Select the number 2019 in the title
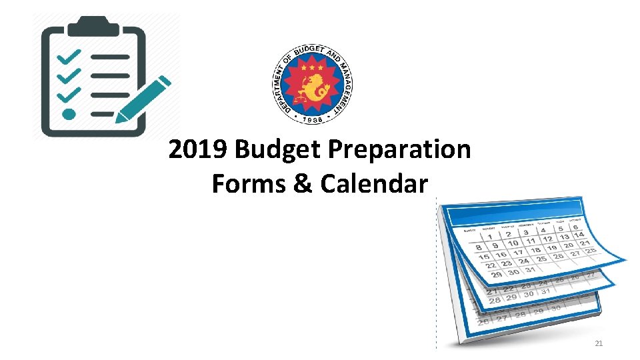(x=199, y=150)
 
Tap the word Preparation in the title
(x=399, y=150)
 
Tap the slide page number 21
(x=598, y=343)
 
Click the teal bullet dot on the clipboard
(x=68, y=114)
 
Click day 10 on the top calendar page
(x=513, y=243)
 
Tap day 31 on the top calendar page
(x=529, y=269)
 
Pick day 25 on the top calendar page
(x=541, y=258)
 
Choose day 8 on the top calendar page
(x=479, y=248)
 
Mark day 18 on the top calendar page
(x=535, y=250)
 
